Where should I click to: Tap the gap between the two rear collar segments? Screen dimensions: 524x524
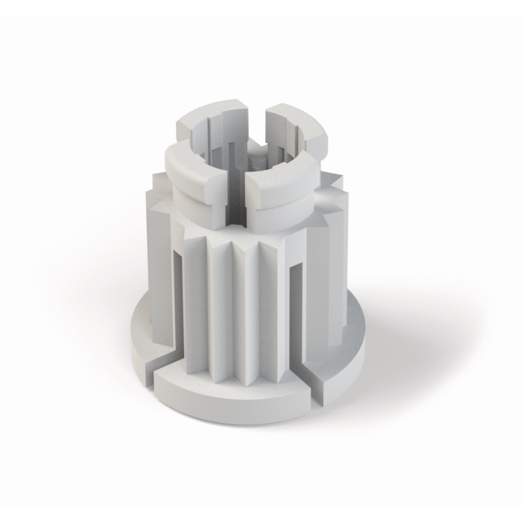tap(256, 112)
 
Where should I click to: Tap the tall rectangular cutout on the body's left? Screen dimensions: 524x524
tap(178, 299)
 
